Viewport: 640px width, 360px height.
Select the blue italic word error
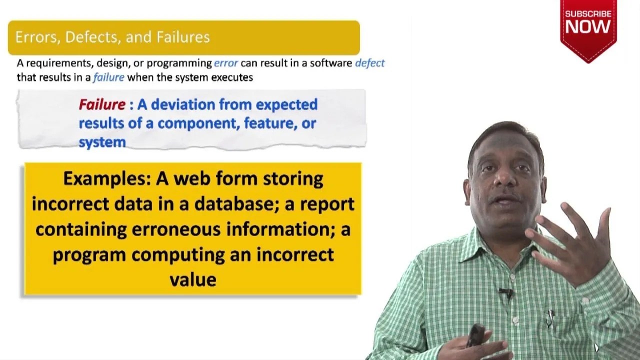pyautogui.click(x=226, y=63)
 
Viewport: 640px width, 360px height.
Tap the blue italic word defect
pyautogui.click(x=369, y=63)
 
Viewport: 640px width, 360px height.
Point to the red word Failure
pyautogui.click(x=102, y=104)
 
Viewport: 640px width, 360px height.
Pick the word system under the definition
pyautogui.click(x=102, y=142)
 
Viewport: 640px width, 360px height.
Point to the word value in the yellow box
pyautogui.click(x=193, y=280)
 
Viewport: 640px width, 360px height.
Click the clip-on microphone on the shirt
pyautogui.click(x=505, y=292)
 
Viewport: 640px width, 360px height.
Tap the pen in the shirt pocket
pyautogui.click(x=550, y=317)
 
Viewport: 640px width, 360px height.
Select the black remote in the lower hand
pyautogui.click(x=475, y=335)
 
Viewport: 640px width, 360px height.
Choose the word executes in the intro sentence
pyautogui.click(x=235, y=77)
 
